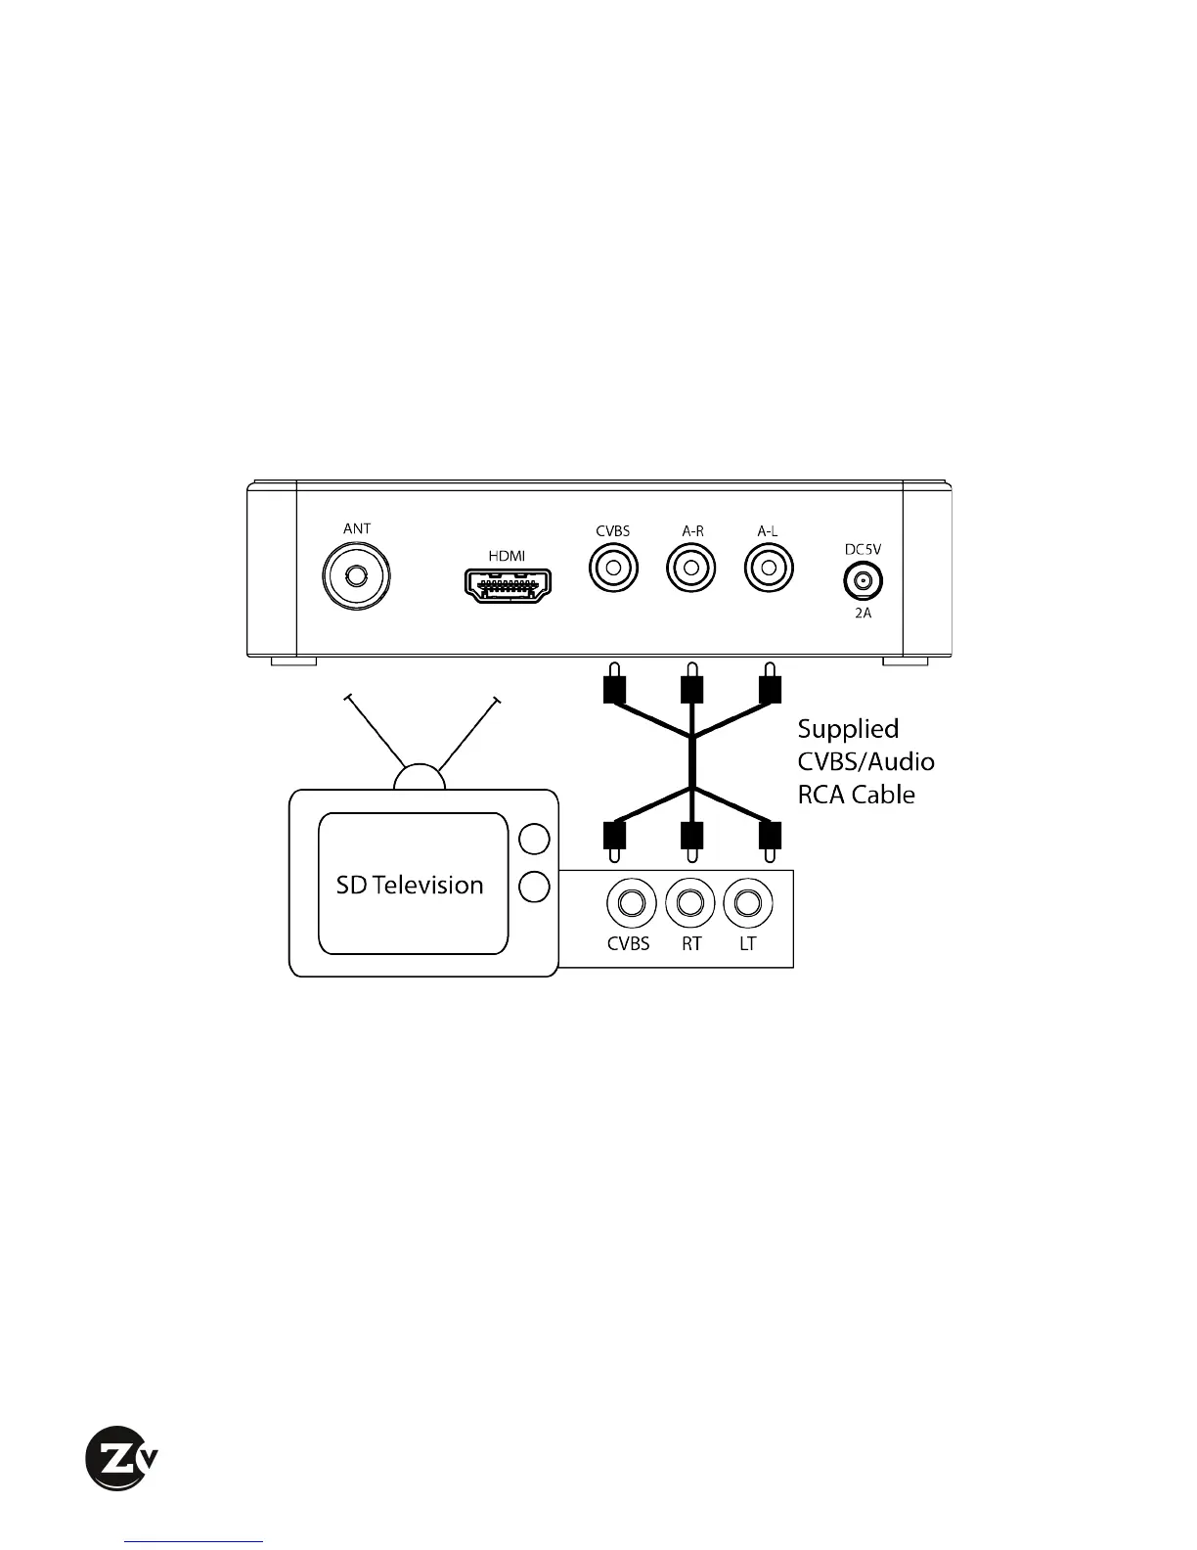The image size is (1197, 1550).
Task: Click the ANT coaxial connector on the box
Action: pos(357,575)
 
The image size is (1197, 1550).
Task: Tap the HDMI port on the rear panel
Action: pos(507,585)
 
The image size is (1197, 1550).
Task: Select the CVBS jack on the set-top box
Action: pos(613,567)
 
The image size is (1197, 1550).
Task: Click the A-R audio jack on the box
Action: pos(691,567)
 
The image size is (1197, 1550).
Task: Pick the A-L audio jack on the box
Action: pos(769,567)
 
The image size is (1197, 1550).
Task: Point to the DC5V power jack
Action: pos(863,581)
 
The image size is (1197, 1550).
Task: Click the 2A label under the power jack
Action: pos(863,614)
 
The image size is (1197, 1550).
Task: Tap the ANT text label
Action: pos(357,528)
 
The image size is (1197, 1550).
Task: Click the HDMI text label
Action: pos(507,556)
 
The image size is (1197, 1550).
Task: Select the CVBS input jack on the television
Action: pos(631,902)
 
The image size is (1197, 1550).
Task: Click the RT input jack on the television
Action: pos(690,902)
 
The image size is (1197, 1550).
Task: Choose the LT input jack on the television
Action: pos(748,902)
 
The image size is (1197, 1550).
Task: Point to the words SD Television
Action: pos(410,885)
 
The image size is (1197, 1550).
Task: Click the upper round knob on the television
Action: pos(534,839)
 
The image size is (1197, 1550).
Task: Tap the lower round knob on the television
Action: pos(534,887)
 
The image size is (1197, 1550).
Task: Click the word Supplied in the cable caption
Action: pos(848,729)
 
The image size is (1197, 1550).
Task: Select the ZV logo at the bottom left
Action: pos(120,1458)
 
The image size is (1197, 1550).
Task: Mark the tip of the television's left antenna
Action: pos(345,698)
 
